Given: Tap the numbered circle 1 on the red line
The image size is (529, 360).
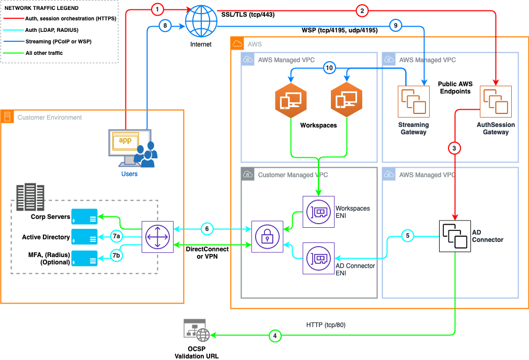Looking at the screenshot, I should click(158, 9).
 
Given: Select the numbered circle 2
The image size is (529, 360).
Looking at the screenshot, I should click(362, 9).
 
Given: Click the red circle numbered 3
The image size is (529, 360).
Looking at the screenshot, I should click(455, 148).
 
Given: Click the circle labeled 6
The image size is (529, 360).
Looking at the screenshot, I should click(208, 229).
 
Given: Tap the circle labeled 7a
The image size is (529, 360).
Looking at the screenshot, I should click(117, 237).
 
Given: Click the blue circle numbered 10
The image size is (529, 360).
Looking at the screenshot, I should click(329, 67).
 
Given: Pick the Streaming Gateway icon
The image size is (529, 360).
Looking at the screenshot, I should click(413, 102).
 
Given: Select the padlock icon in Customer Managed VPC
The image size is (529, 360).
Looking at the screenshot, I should click(267, 237).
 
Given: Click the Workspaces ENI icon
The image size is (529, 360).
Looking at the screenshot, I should click(318, 212).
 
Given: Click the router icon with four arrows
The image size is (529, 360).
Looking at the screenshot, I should click(157, 237).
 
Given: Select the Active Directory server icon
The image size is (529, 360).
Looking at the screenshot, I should click(84, 237).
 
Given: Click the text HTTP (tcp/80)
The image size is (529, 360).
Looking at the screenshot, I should click(326, 325).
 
